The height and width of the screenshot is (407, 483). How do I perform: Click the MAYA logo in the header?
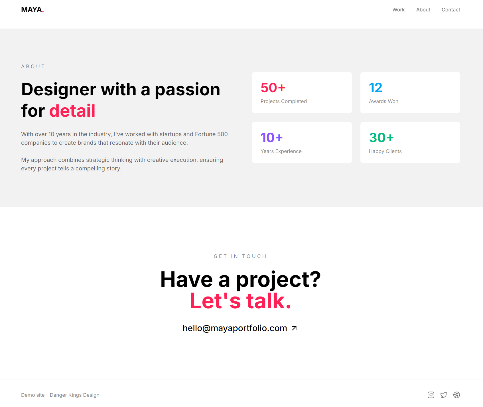[32, 10]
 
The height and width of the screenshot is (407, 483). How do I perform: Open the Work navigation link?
[398, 10]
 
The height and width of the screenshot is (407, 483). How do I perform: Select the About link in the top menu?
[423, 10]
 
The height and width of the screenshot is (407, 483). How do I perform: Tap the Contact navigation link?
[451, 10]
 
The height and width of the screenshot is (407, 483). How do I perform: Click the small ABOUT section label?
[33, 67]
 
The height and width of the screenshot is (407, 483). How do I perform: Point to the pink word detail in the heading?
[72, 111]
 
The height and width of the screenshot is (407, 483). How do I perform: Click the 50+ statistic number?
[273, 88]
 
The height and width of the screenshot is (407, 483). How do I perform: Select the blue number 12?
[376, 88]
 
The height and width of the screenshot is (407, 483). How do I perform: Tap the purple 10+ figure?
[271, 138]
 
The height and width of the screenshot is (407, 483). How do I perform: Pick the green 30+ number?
[381, 138]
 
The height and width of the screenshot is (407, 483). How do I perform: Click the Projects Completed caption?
[284, 101]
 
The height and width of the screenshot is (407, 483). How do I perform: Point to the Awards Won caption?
[383, 101]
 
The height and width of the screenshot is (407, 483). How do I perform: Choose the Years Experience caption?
[281, 151]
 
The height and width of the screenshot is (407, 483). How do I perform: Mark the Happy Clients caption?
[385, 151]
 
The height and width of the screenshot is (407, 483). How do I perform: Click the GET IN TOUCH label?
[240, 256]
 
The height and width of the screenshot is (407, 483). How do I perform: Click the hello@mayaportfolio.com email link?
[235, 328]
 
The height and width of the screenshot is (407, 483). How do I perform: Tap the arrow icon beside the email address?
[294, 328]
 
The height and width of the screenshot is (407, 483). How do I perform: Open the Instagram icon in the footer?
[431, 395]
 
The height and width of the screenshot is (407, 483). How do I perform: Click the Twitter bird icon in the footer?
[444, 395]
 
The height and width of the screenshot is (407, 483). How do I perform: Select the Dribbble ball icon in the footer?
[456, 395]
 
